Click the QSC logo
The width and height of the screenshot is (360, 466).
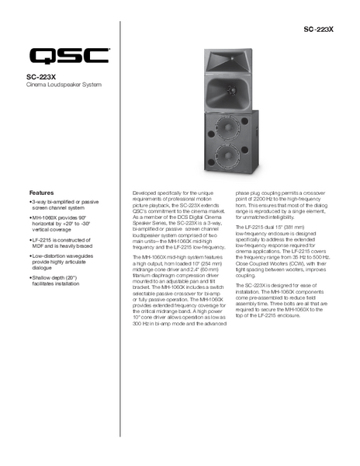tap(69, 56)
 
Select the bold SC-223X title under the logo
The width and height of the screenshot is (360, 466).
tap(42, 76)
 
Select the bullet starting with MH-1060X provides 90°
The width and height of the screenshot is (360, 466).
tap(61, 225)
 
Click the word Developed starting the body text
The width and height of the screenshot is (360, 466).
tap(147, 190)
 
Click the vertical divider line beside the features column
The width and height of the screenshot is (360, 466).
tap(120, 233)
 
